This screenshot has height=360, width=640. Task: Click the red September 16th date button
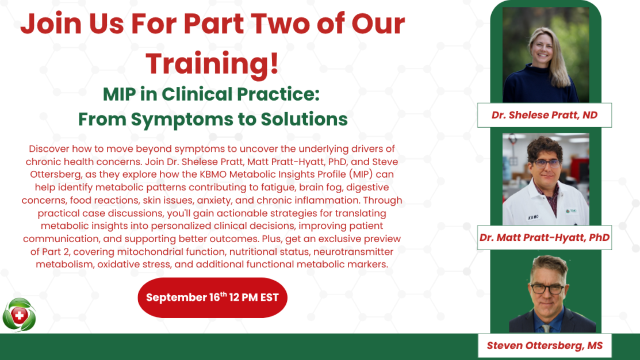tap(212, 297)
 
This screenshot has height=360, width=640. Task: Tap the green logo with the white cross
tap(19, 315)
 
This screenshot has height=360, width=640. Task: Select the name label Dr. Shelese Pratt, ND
tap(545, 115)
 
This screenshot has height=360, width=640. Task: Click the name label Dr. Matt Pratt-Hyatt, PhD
tap(545, 238)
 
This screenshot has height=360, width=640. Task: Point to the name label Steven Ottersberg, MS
tap(545, 346)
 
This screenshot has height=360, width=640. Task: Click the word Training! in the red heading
tap(212, 64)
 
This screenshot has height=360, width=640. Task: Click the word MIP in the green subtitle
tap(119, 94)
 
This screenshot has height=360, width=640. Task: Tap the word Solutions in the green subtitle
tap(304, 119)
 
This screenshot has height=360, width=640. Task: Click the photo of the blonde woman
tap(546, 55)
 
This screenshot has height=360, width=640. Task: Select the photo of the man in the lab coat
tap(546, 179)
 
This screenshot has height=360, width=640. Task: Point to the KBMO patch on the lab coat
tap(533, 217)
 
